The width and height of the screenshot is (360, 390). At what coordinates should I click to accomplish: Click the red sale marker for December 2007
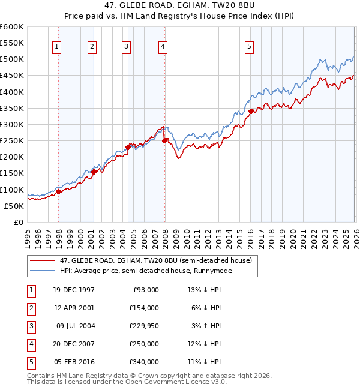(164, 140)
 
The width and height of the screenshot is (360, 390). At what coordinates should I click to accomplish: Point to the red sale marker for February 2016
(251, 111)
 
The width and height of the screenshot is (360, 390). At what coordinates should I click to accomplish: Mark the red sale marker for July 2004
(128, 146)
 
